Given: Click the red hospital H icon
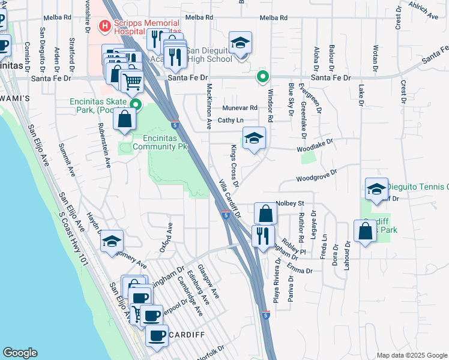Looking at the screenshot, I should pos(103,26).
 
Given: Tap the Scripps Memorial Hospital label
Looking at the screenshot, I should pos(144,26).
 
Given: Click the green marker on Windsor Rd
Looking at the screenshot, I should pos(262,76).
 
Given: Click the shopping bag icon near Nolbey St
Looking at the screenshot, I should pos(265,214).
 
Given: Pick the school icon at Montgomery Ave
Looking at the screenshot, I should pos(112,241).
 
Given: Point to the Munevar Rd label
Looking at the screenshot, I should pos(240,108).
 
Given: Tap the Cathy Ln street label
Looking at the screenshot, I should pos(230,120).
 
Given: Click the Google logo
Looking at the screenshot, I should pos(20,353).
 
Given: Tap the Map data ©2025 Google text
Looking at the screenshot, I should pos(411,355).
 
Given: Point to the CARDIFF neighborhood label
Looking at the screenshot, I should pos(187,334).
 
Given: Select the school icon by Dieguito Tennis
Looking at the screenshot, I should pos(376,188).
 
